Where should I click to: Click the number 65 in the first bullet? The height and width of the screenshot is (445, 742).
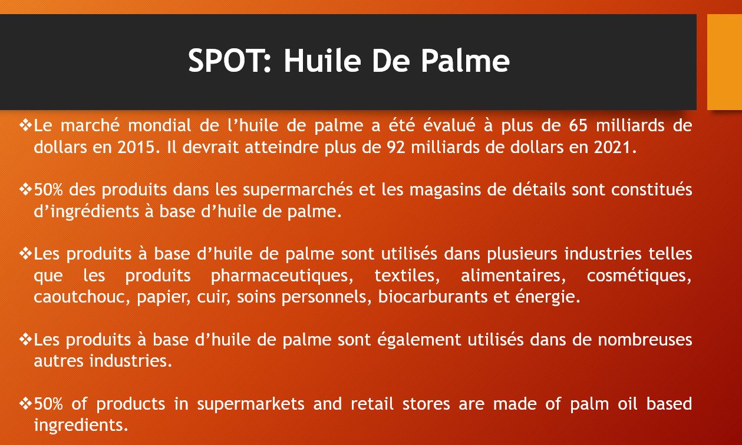(x=578, y=125)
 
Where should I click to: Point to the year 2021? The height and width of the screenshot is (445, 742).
(x=615, y=147)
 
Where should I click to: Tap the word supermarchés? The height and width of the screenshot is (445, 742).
(x=298, y=190)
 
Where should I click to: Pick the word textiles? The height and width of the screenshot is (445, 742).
(x=407, y=275)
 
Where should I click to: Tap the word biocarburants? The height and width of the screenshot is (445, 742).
(x=433, y=297)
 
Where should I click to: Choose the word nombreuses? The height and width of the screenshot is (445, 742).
(x=645, y=340)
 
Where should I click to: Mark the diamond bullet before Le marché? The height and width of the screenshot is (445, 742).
(x=25, y=125)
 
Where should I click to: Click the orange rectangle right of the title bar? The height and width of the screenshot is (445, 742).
(x=724, y=62)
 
